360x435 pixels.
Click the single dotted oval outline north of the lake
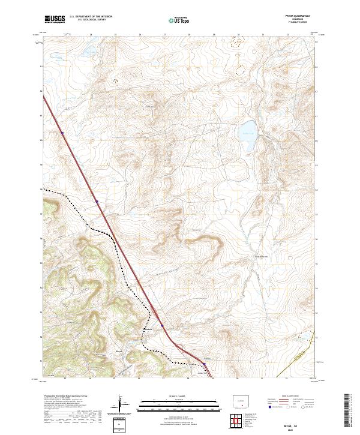241,70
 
